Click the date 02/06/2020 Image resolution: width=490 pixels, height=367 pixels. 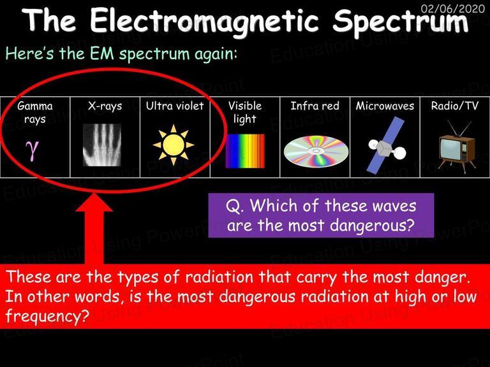pyautogui.click(x=453, y=8)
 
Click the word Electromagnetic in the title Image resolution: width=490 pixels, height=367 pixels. pyautogui.click(x=204, y=21)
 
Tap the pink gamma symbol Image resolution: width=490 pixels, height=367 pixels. pyautogui.click(x=33, y=150)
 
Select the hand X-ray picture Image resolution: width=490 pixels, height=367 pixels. pyautogui.click(x=102, y=145)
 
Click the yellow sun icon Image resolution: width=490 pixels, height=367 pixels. pyautogui.click(x=174, y=145)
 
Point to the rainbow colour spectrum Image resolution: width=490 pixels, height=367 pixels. pyautogui.click(x=245, y=151)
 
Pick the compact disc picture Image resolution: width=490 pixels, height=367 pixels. pyautogui.click(x=316, y=152)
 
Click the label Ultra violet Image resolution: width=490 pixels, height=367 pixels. pyautogui.click(x=175, y=106)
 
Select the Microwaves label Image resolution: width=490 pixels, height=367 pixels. pyautogui.click(x=385, y=106)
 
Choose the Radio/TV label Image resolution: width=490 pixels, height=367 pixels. pyautogui.click(x=455, y=106)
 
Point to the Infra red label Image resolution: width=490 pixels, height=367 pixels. pyautogui.click(x=315, y=106)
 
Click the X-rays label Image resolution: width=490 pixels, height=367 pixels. pyautogui.click(x=105, y=106)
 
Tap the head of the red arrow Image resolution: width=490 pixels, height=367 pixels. pyautogui.click(x=94, y=202)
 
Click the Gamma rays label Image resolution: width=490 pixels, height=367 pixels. pyautogui.click(x=35, y=113)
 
